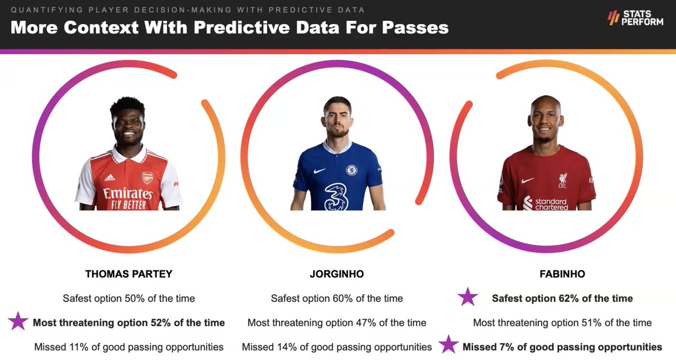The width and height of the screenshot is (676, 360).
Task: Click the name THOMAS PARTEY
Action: click(x=128, y=274)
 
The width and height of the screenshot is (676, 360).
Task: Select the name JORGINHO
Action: click(x=337, y=274)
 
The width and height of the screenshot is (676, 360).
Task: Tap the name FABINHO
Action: click(x=562, y=274)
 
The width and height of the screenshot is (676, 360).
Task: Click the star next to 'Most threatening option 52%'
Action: click(x=18, y=322)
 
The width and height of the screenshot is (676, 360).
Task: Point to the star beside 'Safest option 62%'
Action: click(x=468, y=297)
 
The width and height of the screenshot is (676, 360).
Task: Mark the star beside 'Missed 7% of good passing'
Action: click(x=448, y=345)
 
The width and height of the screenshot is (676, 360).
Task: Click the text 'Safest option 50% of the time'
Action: click(x=128, y=298)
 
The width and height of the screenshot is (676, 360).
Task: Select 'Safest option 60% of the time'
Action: click(x=337, y=298)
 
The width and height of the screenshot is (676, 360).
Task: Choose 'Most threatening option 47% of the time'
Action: click(x=337, y=323)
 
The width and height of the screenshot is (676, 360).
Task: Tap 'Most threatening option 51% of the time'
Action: click(x=562, y=323)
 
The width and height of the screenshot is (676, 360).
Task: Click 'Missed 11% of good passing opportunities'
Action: click(x=128, y=347)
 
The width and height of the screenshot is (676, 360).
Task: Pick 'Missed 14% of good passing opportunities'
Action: click(x=337, y=347)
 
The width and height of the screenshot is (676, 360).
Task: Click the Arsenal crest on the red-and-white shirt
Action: click(x=147, y=177)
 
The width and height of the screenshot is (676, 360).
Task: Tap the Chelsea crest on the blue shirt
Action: click(x=352, y=169)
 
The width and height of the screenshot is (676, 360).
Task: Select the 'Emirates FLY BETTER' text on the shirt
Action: click(x=127, y=197)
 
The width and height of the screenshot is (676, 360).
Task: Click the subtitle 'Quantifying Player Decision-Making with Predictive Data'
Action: click(x=188, y=10)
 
